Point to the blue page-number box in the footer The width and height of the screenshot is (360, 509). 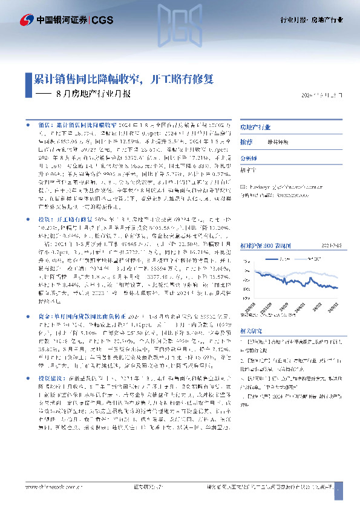338,501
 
